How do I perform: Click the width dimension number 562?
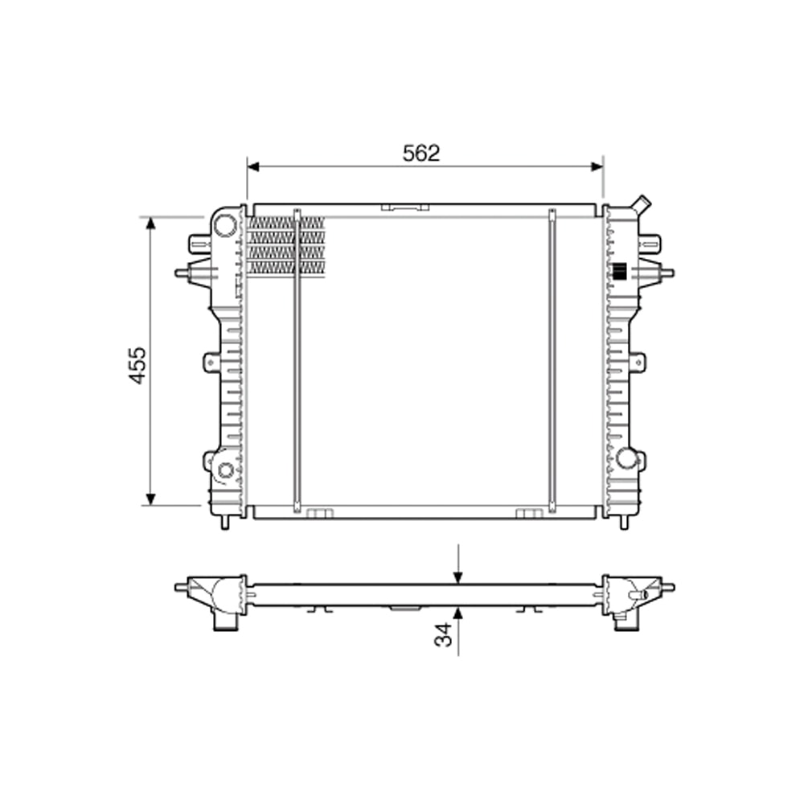click(421, 153)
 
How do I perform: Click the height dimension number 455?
click(138, 365)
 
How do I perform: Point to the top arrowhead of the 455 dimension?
click(150, 223)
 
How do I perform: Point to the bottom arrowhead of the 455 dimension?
click(150, 499)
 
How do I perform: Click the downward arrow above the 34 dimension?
click(457, 577)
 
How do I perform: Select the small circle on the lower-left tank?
click(225, 470)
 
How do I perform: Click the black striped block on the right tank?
click(619, 272)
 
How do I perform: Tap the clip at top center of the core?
click(405, 207)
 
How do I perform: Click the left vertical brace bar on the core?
click(297, 362)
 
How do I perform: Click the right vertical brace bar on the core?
click(552, 362)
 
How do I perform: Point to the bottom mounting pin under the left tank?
click(225, 522)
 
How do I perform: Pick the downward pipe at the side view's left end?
click(225, 621)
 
